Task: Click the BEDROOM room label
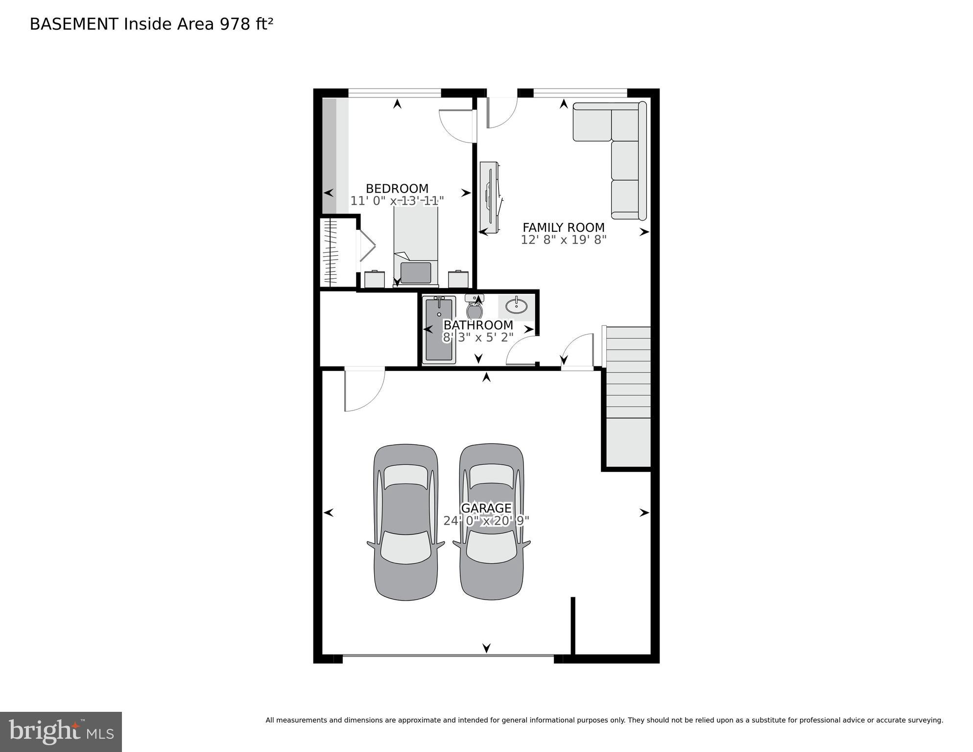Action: point(397,189)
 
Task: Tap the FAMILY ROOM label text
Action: point(563,228)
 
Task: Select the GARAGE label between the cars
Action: point(486,508)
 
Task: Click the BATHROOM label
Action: point(478,325)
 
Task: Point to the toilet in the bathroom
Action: point(474,308)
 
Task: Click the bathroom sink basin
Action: point(516,307)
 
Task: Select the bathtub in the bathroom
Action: point(439,331)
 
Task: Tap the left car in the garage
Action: point(406,522)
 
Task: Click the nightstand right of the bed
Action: point(458,279)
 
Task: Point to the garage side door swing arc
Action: point(365,392)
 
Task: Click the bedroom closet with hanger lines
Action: point(332,253)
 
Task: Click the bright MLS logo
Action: point(61,731)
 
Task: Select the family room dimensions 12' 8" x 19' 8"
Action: point(563,240)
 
